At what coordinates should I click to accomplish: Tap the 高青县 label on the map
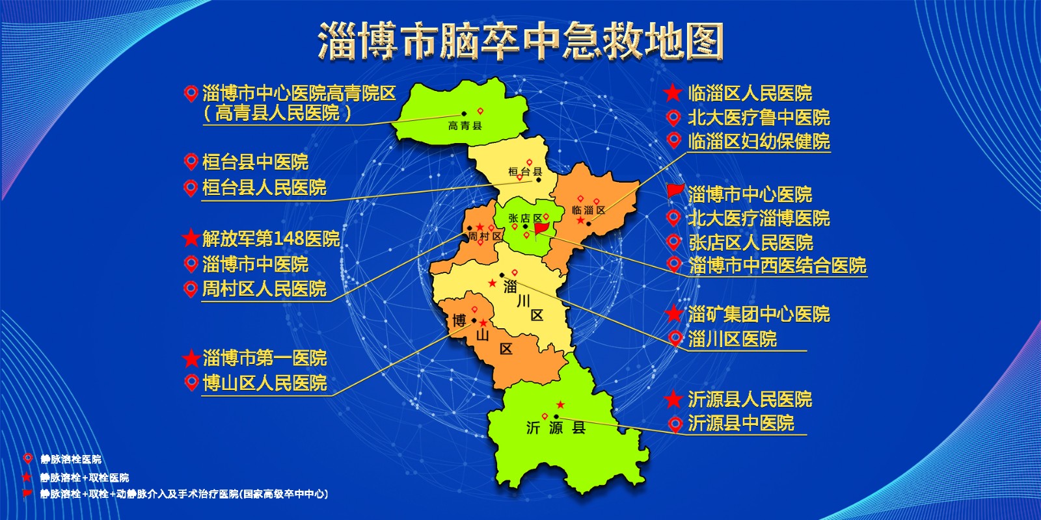click(465, 125)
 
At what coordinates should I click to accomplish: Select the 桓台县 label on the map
click(525, 172)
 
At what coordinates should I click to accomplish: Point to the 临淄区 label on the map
click(588, 209)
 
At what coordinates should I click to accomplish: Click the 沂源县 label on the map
click(556, 428)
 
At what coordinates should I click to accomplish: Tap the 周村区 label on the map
click(485, 237)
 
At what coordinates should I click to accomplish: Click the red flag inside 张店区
click(541, 229)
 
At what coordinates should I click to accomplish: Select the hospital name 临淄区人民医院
click(750, 94)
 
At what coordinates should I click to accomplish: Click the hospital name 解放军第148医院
click(271, 239)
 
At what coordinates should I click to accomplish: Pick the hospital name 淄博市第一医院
click(264, 357)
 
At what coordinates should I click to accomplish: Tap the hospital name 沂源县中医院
click(740, 423)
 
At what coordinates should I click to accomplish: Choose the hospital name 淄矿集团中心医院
click(759, 314)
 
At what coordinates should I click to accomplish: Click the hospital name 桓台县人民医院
click(264, 187)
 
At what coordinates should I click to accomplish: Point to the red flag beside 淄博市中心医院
click(675, 192)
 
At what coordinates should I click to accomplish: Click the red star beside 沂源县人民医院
click(673, 398)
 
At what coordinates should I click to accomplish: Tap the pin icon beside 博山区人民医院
click(191, 382)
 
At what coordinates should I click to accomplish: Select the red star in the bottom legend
click(27, 476)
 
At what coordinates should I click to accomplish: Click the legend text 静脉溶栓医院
click(71, 460)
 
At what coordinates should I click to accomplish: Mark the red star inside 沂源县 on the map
click(560, 405)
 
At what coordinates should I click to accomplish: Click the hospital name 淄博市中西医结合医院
click(777, 265)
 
